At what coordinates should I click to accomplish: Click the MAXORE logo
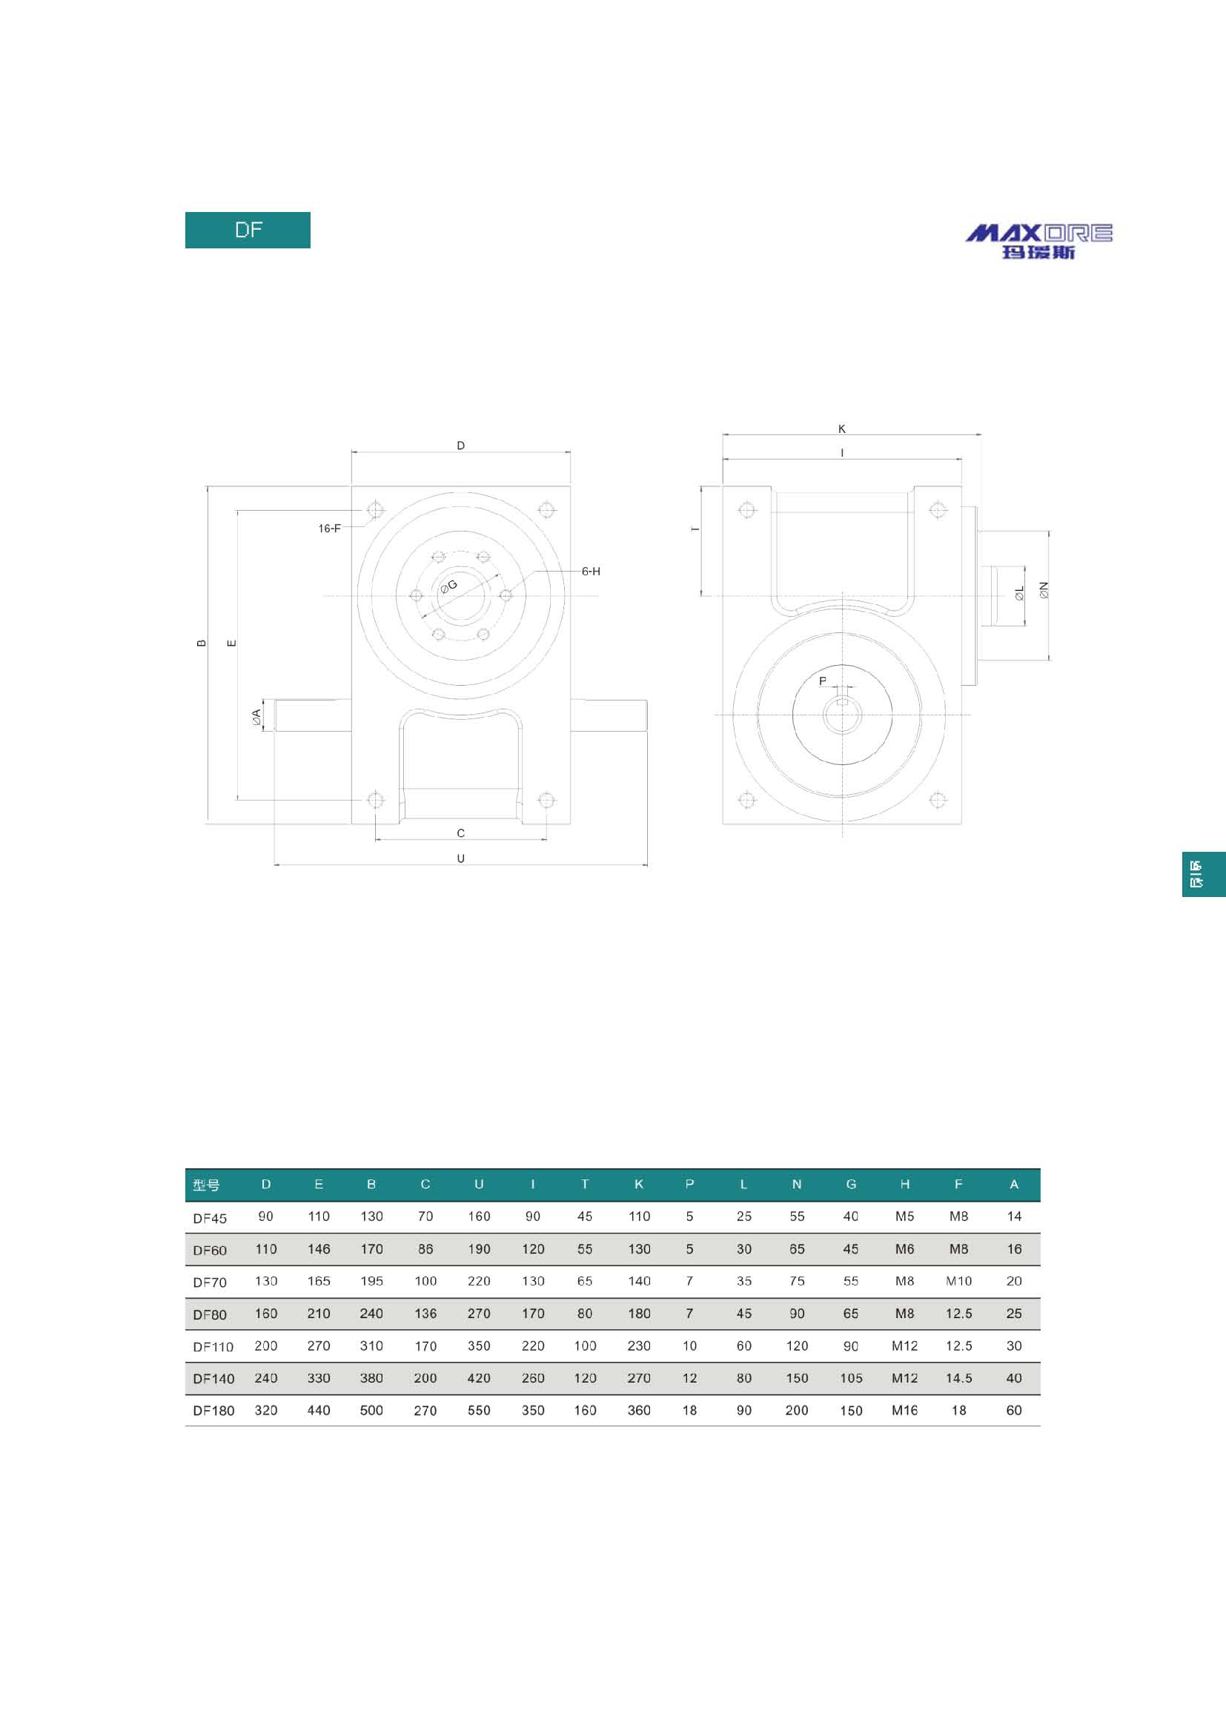1038,241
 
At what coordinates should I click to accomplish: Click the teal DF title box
248,230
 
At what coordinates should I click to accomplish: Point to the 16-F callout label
329,529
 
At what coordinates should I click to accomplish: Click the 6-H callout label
591,572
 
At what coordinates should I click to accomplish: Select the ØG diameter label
449,586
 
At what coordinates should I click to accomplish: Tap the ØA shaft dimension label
256,718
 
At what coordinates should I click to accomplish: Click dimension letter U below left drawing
460,858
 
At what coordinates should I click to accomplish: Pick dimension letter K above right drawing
842,429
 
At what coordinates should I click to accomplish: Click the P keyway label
823,681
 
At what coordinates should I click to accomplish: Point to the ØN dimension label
1044,590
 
